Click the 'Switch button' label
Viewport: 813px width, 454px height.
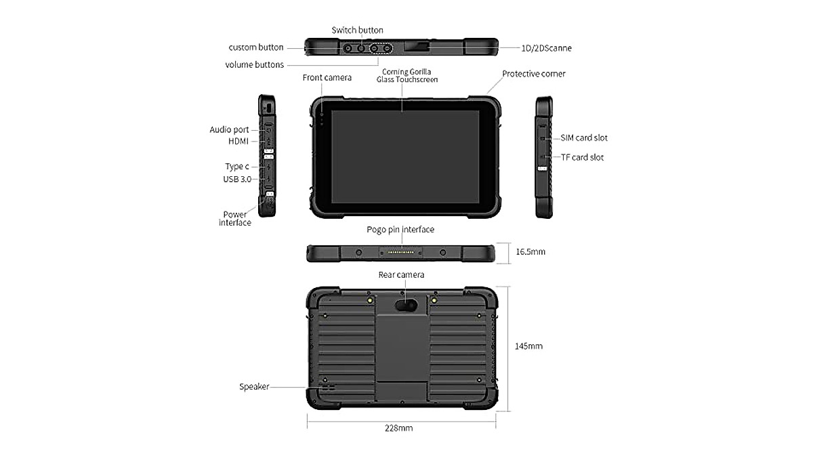357,30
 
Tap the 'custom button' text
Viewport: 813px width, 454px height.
255,47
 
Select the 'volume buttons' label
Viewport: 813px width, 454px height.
254,65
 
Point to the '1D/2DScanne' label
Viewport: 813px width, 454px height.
546,48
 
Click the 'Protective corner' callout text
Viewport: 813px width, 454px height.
533,74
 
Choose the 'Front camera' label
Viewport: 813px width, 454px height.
327,78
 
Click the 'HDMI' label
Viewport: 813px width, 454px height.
238,141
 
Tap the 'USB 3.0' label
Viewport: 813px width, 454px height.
236,179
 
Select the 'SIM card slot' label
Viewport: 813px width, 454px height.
583,138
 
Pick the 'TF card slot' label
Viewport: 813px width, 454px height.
582,157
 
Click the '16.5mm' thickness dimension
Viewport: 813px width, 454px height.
530,251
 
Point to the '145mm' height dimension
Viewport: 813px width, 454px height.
529,346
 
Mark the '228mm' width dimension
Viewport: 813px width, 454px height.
398,428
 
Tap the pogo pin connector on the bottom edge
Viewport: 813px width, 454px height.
402,253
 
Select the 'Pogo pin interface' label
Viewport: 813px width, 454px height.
400,230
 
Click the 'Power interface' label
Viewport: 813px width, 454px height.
235,218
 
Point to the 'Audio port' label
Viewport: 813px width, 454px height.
229,129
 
